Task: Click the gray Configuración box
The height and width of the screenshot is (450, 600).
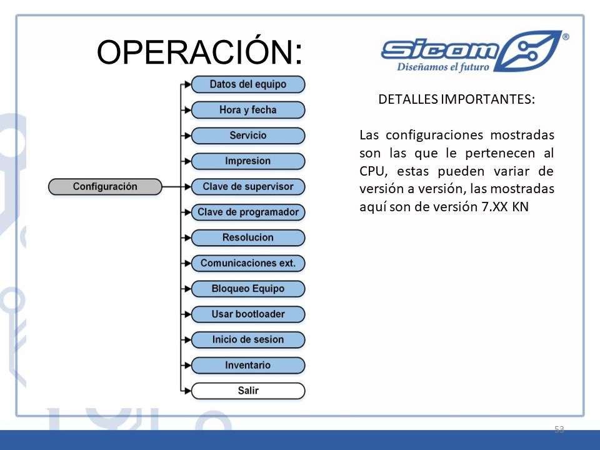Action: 105,187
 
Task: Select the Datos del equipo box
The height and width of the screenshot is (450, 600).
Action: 248,84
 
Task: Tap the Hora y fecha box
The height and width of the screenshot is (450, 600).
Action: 248,110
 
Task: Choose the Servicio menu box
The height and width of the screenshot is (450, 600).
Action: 248,136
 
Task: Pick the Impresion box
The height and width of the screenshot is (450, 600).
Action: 248,161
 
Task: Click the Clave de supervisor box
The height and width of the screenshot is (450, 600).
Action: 248,187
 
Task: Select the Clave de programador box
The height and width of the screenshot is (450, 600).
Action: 248,212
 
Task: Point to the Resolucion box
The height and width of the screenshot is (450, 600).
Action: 248,237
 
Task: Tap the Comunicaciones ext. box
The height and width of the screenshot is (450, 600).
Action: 248,263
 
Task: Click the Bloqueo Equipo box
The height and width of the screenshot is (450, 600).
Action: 248,289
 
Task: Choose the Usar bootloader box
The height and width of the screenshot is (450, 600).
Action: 248,314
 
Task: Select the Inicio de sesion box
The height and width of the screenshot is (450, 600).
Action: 248,340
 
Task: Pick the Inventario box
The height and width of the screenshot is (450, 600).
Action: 248,366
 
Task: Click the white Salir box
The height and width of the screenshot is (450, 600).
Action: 248,391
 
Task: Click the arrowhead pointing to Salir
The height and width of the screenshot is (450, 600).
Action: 187,391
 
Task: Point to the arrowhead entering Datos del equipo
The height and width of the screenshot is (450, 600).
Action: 187,84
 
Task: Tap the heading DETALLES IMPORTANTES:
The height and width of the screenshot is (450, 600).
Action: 456,99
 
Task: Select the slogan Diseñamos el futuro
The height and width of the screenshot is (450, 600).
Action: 443,67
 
